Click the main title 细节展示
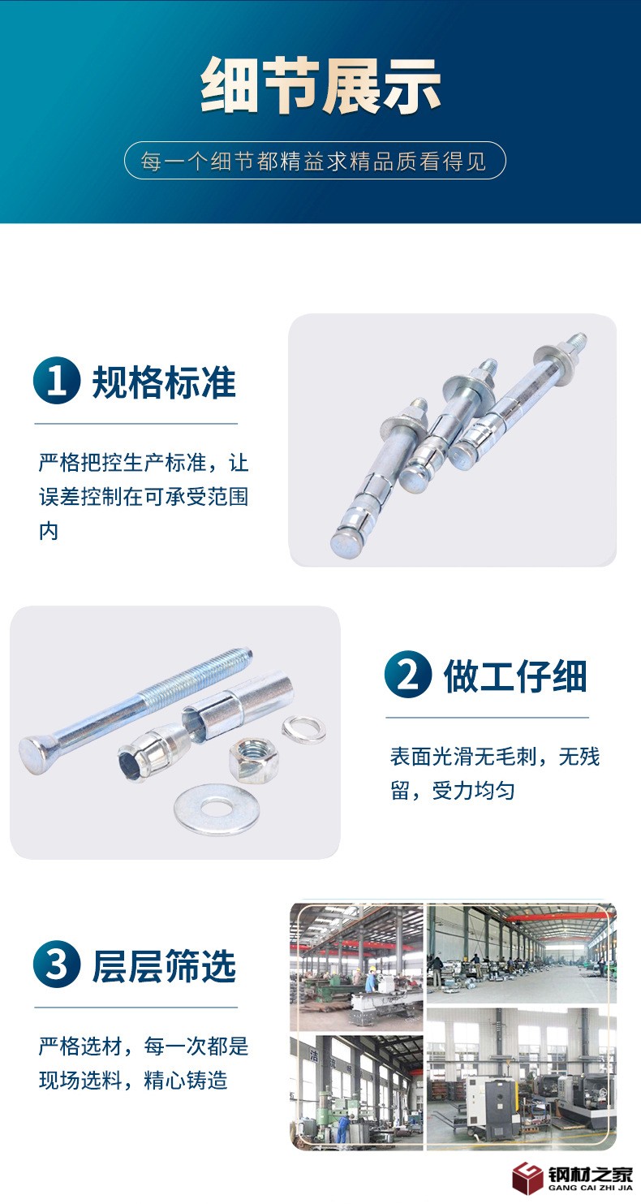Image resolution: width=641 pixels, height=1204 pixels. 320,85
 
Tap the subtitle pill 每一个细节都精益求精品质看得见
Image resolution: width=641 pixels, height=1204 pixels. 315,161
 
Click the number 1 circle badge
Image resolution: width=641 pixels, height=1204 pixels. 57,381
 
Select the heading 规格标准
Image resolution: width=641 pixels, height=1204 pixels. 165,382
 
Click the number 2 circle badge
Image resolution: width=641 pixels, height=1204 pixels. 408,674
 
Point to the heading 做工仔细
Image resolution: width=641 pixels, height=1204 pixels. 515,675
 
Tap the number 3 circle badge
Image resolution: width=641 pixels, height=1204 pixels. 57,964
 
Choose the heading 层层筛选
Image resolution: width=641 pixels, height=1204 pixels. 165,966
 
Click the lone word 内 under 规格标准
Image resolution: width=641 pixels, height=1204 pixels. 49,531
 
